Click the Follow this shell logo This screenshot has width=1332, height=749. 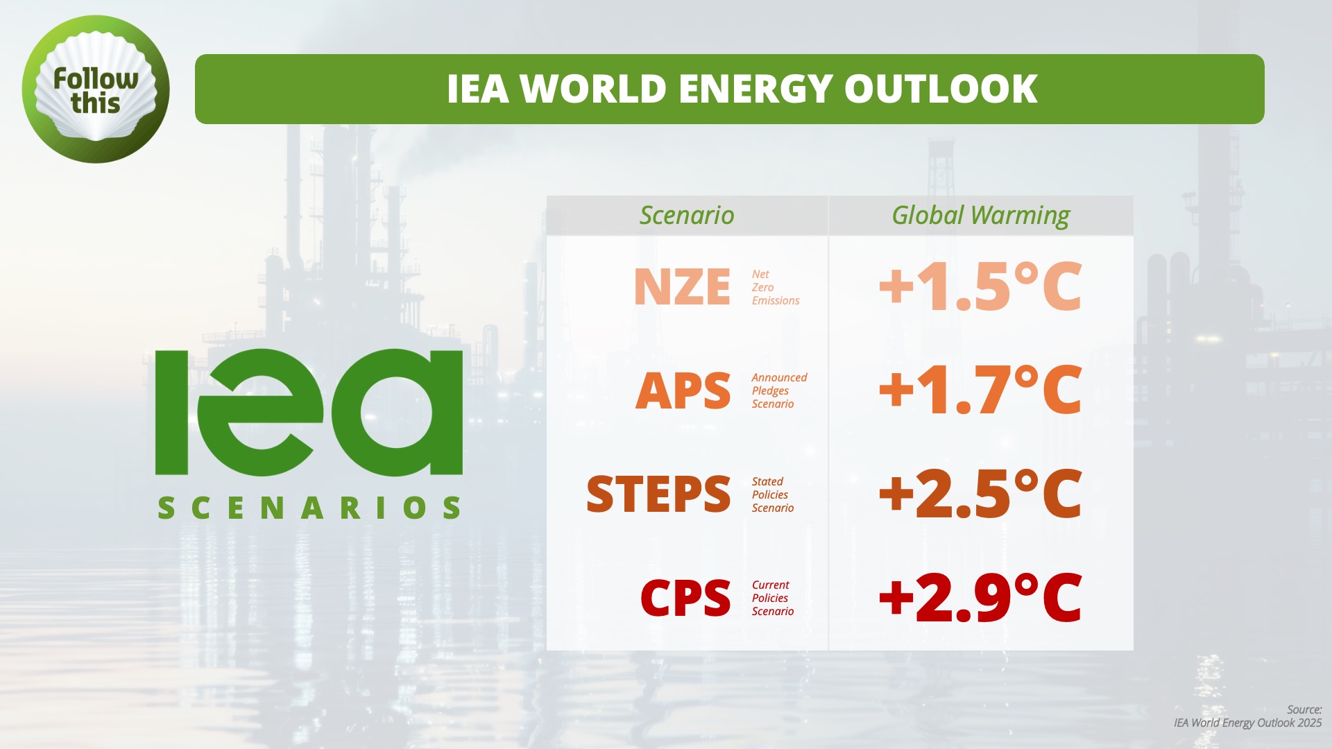tap(96, 89)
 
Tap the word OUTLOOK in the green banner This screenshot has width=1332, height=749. tap(941, 89)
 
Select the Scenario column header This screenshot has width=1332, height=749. tap(687, 215)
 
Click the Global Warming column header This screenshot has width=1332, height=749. tap(981, 216)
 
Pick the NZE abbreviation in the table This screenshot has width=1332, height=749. tap(682, 287)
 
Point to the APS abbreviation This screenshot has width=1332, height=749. tap(683, 390)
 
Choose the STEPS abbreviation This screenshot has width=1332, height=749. tap(658, 494)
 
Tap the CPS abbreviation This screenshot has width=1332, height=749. tap(685, 598)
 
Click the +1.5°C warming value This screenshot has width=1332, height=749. tap(980, 286)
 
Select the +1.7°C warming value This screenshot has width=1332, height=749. tap(980, 390)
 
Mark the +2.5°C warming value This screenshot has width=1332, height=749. tap(980, 494)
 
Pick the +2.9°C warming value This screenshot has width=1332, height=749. tap(980, 597)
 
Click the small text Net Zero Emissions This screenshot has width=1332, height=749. tap(776, 287)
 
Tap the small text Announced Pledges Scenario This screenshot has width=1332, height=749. tap(779, 390)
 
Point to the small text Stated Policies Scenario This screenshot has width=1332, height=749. tap(773, 494)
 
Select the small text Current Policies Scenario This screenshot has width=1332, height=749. tap(773, 598)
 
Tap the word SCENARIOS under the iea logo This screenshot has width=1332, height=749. tap(309, 508)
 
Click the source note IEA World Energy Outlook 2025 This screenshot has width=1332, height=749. tap(1247, 723)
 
